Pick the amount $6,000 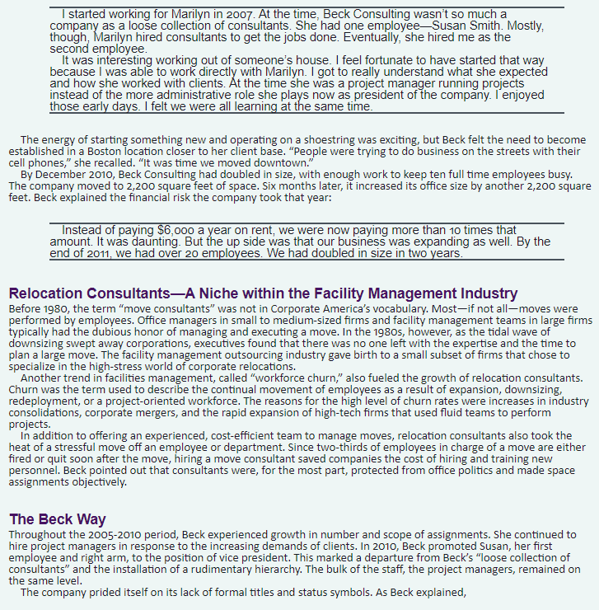175,230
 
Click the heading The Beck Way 57,519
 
